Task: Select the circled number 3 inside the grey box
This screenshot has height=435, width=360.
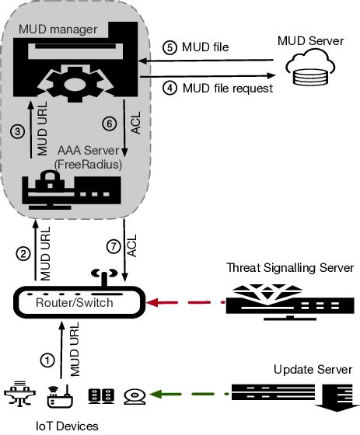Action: pos(18,132)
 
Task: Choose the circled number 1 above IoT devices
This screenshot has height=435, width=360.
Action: pos(47,360)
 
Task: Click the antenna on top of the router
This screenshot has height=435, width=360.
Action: pos(99,277)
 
